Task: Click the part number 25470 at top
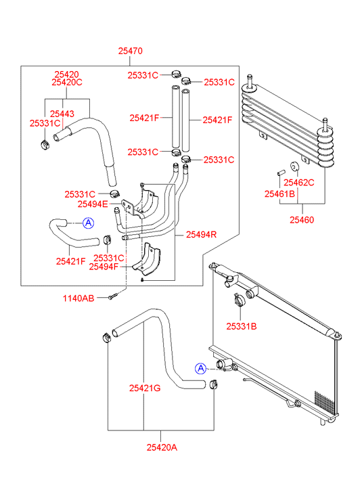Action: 130,51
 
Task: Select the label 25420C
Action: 67,82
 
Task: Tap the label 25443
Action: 62,114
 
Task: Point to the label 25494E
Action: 93,204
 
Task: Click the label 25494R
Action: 201,235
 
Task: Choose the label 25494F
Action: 104,267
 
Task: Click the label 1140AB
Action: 78,298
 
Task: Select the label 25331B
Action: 242,327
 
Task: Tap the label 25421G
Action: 145,388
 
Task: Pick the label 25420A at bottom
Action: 162,447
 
